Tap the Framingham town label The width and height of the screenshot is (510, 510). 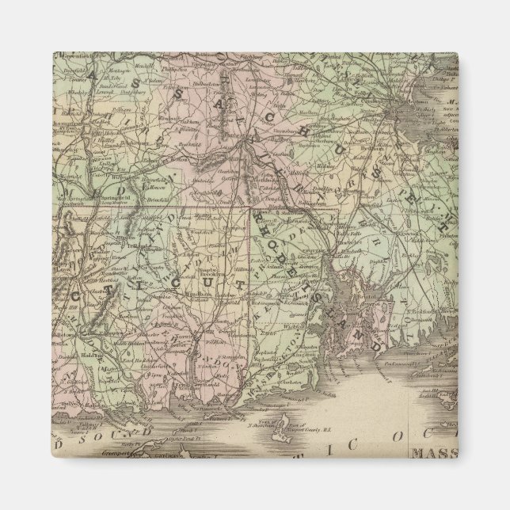pos(333,127)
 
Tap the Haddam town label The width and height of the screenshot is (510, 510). pos(88,356)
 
